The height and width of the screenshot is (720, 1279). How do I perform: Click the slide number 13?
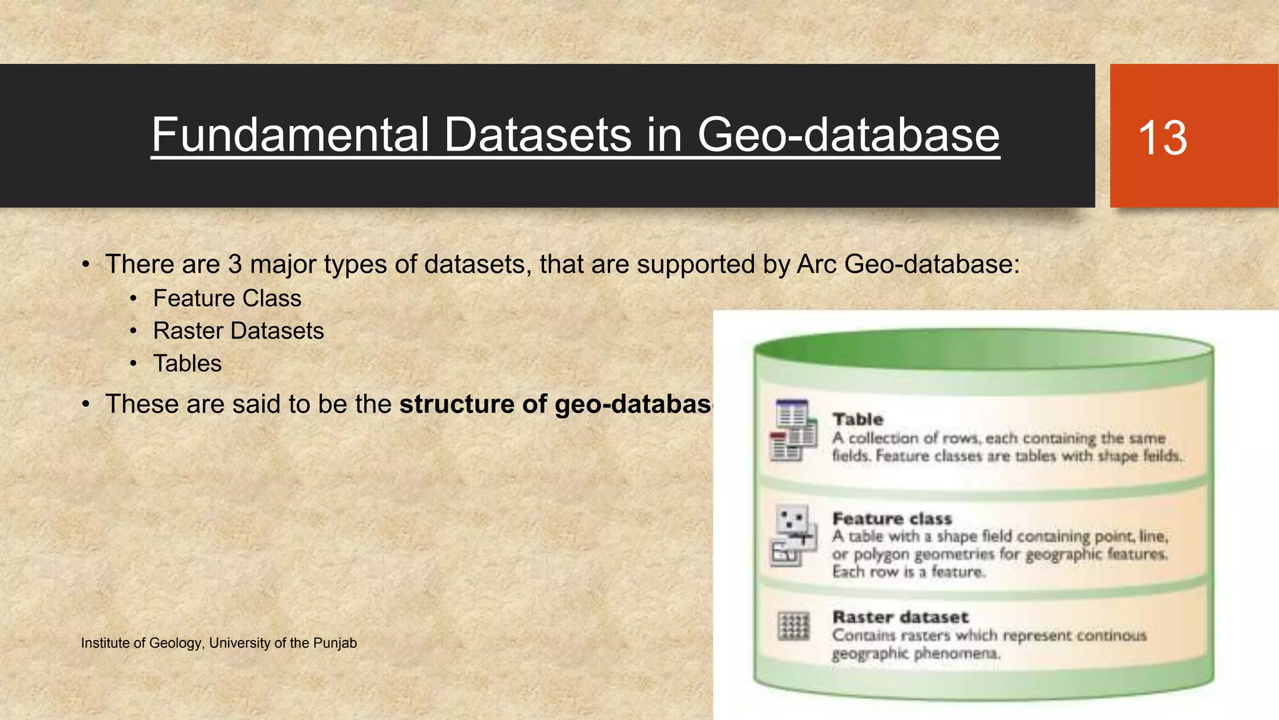[x=1162, y=137]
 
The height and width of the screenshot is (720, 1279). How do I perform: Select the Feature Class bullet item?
[x=227, y=299]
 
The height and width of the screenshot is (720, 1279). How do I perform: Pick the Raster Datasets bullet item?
[x=238, y=331]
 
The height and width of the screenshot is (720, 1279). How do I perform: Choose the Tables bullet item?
[x=187, y=364]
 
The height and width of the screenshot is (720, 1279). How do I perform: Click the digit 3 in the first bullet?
[x=235, y=264]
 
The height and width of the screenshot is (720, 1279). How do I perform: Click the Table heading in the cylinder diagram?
[x=857, y=419]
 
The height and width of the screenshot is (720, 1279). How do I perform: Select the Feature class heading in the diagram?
[x=892, y=519]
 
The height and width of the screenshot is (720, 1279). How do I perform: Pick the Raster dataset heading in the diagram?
[x=900, y=617]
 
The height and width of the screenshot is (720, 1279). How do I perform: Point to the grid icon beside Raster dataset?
[x=794, y=626]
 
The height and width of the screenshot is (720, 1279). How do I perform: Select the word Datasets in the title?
[x=538, y=135]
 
